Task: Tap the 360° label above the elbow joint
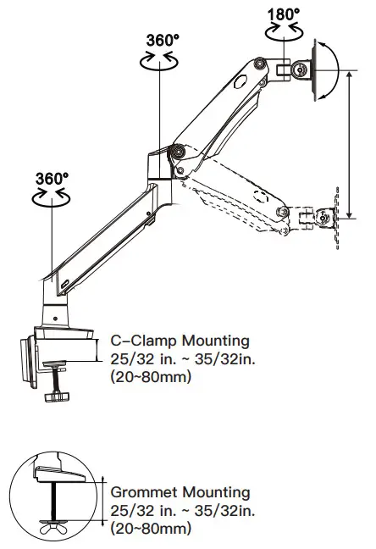(x=163, y=40)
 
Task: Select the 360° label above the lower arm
(x=53, y=179)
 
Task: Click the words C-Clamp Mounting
(x=180, y=341)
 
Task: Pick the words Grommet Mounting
(x=180, y=492)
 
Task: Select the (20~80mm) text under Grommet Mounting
(x=151, y=528)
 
